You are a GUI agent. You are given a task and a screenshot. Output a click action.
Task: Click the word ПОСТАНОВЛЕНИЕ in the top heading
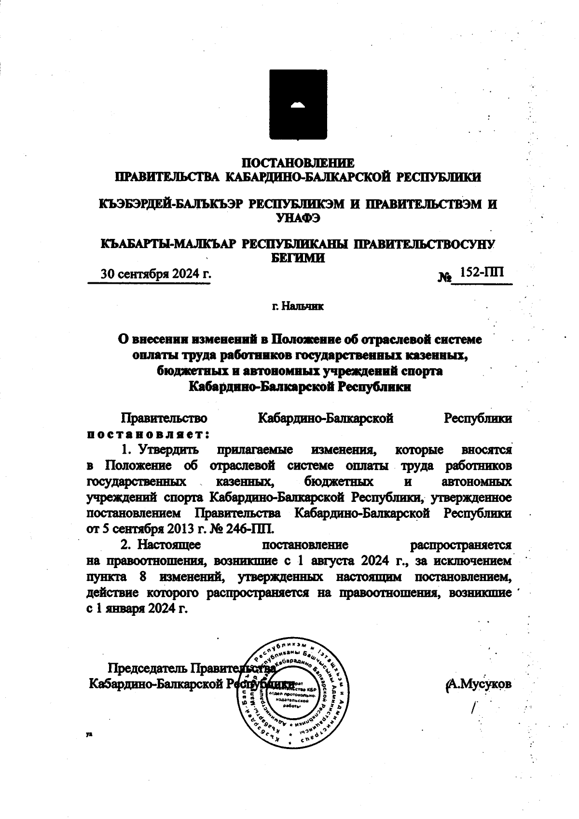[298, 162]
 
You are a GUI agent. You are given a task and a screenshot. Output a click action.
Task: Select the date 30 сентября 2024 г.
[155, 275]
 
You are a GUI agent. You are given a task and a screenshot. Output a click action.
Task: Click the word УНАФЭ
[298, 219]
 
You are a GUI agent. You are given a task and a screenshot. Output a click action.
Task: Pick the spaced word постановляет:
[148, 433]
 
